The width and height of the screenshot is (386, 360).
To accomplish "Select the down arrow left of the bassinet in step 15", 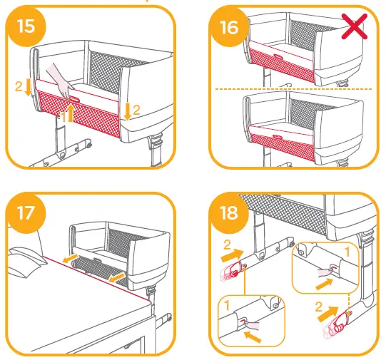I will click(28, 88).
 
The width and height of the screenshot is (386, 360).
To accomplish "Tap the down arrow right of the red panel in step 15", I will click(127, 110).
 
